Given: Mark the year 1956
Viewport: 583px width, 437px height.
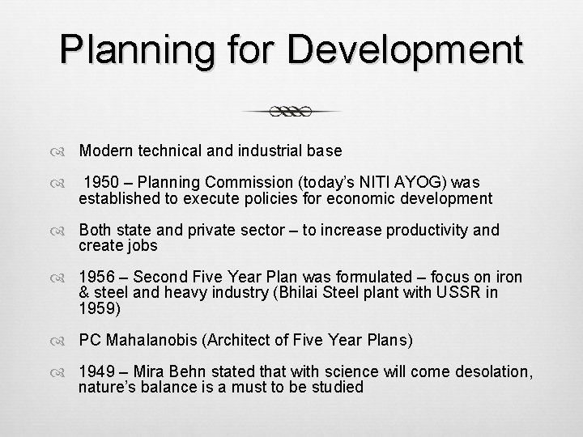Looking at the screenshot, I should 96,278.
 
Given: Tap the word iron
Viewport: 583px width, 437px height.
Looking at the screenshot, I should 504,278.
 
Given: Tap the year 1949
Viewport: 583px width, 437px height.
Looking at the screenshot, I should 96,373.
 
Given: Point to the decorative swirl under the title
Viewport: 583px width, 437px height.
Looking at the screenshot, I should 291,112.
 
